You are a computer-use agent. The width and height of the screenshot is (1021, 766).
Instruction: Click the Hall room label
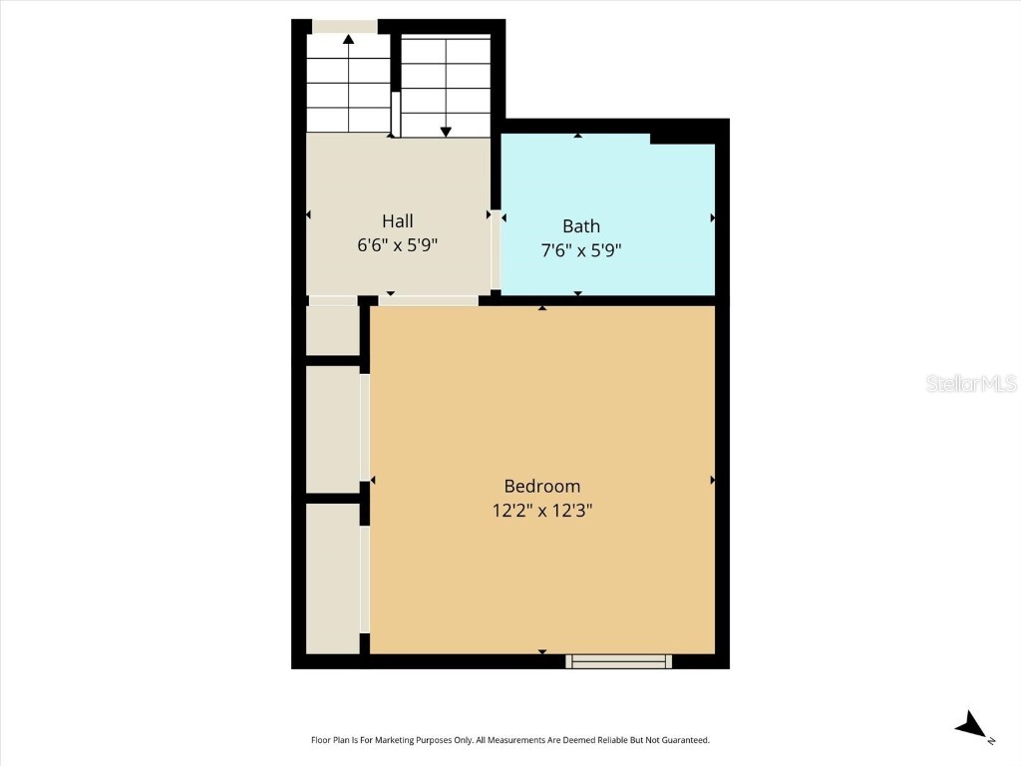(x=397, y=221)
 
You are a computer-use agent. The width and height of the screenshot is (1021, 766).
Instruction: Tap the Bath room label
(x=580, y=226)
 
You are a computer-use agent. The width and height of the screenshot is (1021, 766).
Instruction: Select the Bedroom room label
(x=541, y=487)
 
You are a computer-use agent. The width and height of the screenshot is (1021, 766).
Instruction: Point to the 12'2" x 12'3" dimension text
(x=541, y=511)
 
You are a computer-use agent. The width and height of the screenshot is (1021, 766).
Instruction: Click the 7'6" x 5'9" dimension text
(x=580, y=250)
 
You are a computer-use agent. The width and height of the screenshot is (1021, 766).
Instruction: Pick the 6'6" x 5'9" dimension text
(x=397, y=245)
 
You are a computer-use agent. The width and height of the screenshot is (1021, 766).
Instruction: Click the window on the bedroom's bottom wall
(x=619, y=660)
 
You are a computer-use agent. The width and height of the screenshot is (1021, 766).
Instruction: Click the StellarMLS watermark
(x=971, y=384)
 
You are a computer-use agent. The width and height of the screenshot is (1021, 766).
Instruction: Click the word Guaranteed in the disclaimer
(x=683, y=740)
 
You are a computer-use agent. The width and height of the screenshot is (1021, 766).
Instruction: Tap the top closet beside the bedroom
(x=332, y=330)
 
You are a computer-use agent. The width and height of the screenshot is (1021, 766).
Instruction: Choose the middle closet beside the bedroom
(x=332, y=429)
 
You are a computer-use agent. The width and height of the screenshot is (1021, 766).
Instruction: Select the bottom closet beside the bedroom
(x=332, y=578)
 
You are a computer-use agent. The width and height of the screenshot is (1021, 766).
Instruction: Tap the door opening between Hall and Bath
(x=496, y=248)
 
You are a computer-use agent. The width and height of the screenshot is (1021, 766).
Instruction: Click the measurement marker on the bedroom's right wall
(x=712, y=481)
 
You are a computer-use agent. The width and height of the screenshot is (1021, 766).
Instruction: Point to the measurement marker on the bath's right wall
(x=712, y=217)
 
